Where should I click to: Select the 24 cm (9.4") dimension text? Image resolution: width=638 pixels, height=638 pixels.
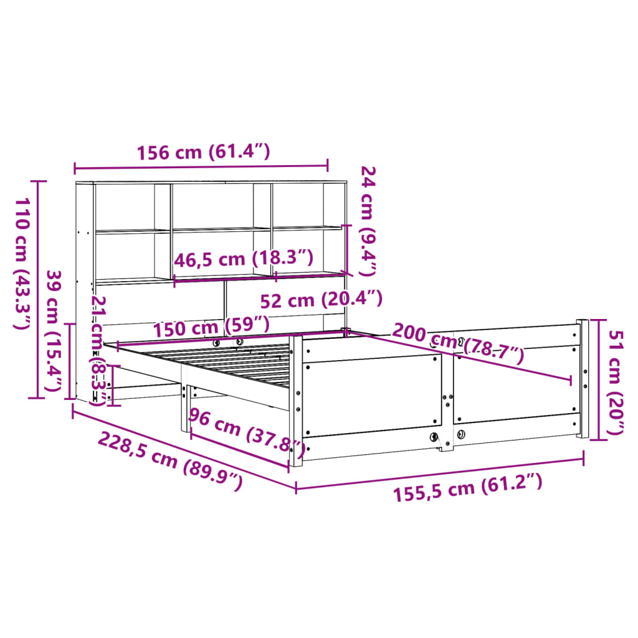click(x=368, y=221)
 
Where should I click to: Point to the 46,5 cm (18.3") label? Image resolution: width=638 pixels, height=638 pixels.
click(x=243, y=259)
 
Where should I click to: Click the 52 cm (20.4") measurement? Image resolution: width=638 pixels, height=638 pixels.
click(x=320, y=300)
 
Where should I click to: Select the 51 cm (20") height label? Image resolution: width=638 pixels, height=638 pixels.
click(x=617, y=383)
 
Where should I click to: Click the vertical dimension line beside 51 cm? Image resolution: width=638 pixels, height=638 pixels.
click(x=599, y=379)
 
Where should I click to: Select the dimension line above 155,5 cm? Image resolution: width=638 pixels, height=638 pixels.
click(x=439, y=474)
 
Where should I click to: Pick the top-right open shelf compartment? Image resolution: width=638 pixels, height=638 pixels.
click(x=297, y=206)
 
